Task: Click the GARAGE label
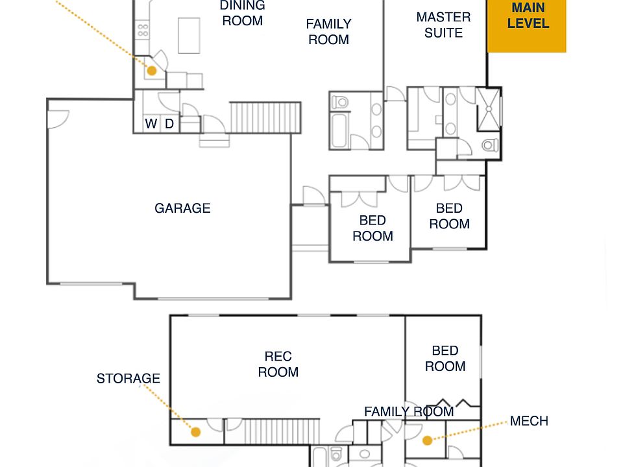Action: point(182,208)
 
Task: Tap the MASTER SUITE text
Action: point(443,25)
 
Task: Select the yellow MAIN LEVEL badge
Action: point(527,25)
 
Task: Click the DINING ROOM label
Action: point(242,13)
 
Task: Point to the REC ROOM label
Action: point(278,364)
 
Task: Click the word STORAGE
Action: point(128,378)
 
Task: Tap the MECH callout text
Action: point(529,421)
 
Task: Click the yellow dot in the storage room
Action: point(195,432)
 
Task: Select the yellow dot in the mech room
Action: point(428,440)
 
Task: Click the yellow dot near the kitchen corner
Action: point(152,71)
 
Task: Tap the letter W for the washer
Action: point(151,124)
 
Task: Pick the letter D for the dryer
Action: point(169,124)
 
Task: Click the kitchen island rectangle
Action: point(189,35)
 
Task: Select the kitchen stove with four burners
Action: point(143,30)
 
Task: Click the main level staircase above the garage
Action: point(265,117)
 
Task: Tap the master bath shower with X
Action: point(489,109)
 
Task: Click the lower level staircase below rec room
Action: point(281,431)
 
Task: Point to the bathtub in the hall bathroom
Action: point(340,130)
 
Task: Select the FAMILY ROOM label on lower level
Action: point(409,411)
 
